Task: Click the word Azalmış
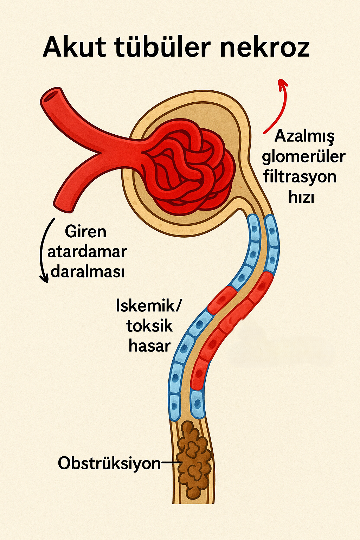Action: point(304,136)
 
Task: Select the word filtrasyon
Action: point(300,176)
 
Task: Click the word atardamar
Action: point(87,252)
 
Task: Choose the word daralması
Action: point(88,272)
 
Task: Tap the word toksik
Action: point(149,326)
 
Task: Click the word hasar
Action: point(149,346)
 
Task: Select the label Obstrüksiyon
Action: point(109,463)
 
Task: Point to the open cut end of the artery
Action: point(51,96)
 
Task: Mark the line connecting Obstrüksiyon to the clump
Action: point(171,463)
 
